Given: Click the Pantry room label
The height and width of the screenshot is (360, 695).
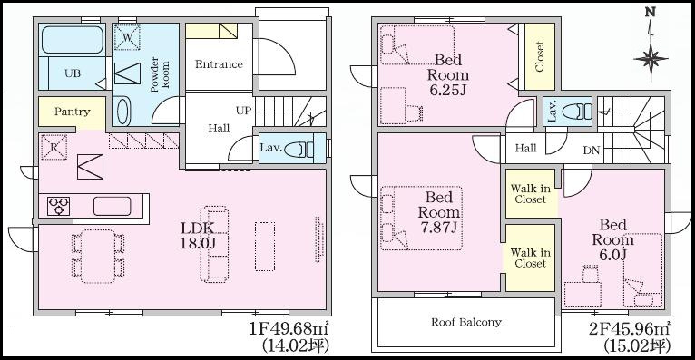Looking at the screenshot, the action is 73,112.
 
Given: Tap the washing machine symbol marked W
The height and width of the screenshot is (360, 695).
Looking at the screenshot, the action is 127,38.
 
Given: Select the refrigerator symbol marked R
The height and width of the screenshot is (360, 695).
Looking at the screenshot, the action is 54,147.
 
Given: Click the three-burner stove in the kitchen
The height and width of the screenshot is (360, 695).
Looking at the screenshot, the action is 59,207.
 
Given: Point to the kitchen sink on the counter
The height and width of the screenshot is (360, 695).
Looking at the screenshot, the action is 113,207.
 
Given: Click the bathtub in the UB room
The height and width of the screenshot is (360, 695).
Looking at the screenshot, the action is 73,40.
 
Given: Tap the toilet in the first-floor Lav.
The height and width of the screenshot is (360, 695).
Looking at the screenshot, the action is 299,150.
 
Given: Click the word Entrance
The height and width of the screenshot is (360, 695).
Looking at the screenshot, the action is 219,64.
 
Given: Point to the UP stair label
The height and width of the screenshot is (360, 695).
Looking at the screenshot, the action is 243,111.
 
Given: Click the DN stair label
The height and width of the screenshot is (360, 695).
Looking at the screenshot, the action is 592,151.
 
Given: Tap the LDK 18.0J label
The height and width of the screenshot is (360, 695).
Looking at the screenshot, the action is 198,235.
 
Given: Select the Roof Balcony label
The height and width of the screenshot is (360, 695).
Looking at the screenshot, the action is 466,322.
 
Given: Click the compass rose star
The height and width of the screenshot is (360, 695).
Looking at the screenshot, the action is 651,59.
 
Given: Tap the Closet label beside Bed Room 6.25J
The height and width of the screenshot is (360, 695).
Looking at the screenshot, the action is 540,56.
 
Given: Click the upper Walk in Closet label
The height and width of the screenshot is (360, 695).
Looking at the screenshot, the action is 531,194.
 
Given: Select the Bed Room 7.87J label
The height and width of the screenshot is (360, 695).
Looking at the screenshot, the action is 439,212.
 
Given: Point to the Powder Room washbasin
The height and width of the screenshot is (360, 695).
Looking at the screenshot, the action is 124,111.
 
